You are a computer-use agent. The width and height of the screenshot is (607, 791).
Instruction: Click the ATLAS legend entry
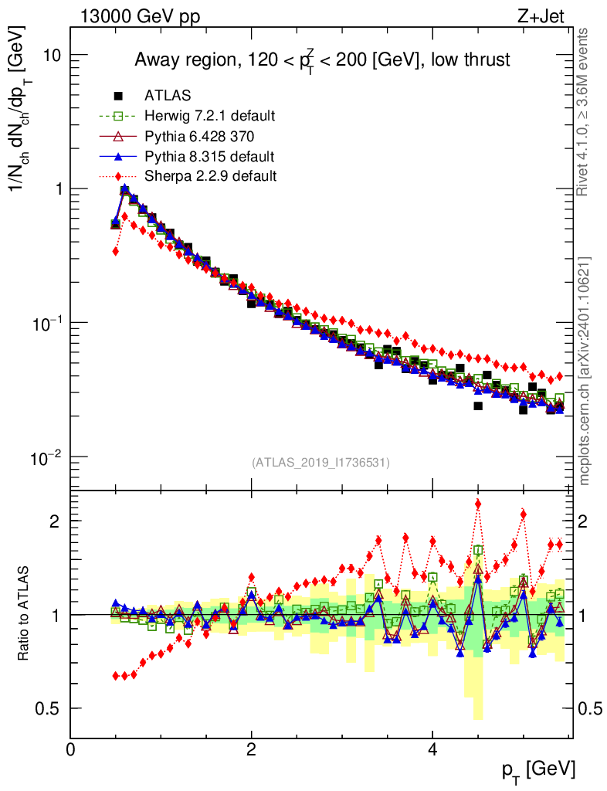click(x=168, y=96)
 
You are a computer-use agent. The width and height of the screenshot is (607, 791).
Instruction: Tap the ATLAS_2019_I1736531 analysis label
click(x=320, y=463)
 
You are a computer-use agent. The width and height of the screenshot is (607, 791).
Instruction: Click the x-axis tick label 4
click(x=432, y=750)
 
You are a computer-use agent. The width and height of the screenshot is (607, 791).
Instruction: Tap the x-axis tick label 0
click(x=70, y=750)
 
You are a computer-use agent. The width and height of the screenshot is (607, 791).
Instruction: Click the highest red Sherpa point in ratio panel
click(x=478, y=504)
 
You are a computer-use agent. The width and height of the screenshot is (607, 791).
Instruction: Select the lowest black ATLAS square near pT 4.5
click(x=478, y=406)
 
